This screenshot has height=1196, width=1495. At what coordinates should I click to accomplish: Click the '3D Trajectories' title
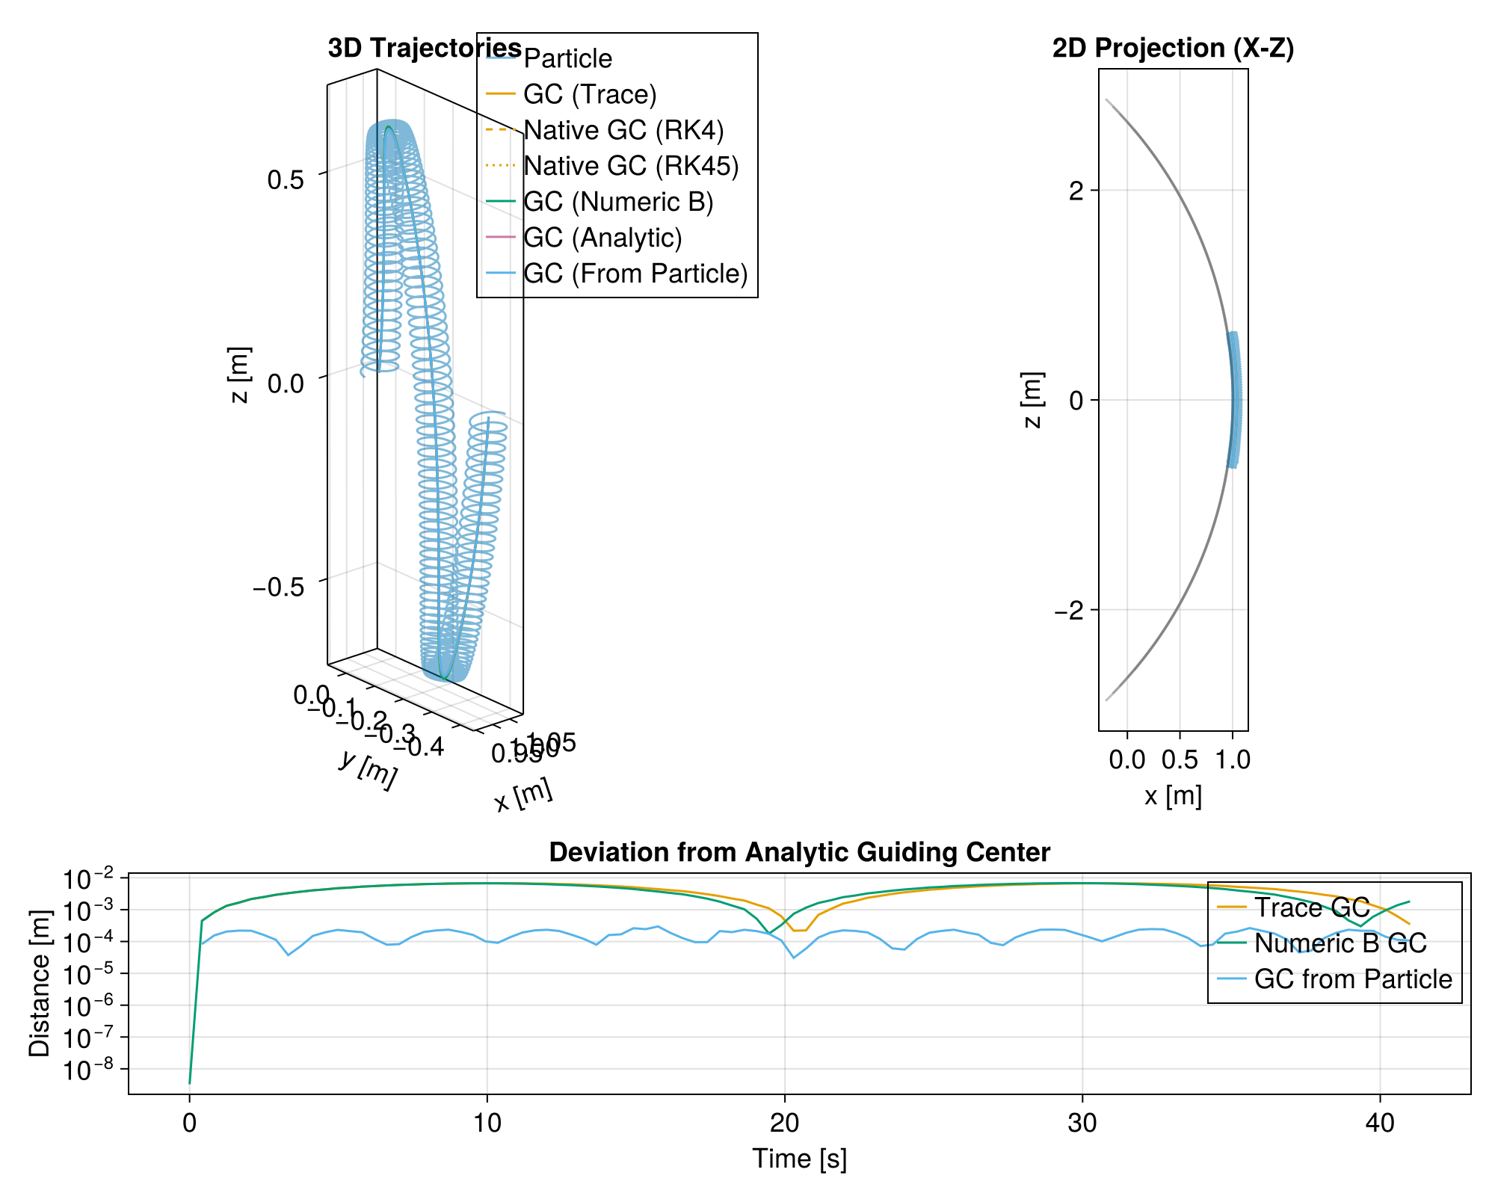point(424,48)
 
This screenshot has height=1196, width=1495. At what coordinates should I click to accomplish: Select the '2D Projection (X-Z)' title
point(1173,48)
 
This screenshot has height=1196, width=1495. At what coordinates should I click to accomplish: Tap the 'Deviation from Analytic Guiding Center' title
point(799,852)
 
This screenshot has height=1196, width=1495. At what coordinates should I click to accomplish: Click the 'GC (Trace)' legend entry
point(590,94)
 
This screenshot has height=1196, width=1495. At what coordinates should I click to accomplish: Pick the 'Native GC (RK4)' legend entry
point(623,130)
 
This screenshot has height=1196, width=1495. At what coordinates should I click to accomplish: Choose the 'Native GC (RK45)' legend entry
point(631,166)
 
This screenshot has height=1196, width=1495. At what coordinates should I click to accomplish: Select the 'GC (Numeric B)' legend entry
point(618,202)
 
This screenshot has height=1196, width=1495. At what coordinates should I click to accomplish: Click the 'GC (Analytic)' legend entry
point(602,238)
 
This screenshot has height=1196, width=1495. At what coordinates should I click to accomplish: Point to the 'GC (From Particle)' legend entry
point(635,274)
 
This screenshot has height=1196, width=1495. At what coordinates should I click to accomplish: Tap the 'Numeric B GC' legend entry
point(1340,943)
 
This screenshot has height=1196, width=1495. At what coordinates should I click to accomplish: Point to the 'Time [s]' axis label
point(799,1159)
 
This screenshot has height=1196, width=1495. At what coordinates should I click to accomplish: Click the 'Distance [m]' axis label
point(40,984)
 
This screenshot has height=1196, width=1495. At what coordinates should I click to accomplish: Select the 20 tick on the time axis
point(785,1123)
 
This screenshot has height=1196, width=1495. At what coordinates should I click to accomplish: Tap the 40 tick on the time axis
point(1380,1123)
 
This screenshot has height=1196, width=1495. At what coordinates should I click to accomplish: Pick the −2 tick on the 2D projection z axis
point(1070,610)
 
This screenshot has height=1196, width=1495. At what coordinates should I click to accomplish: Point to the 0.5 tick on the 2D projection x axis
point(1180,760)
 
